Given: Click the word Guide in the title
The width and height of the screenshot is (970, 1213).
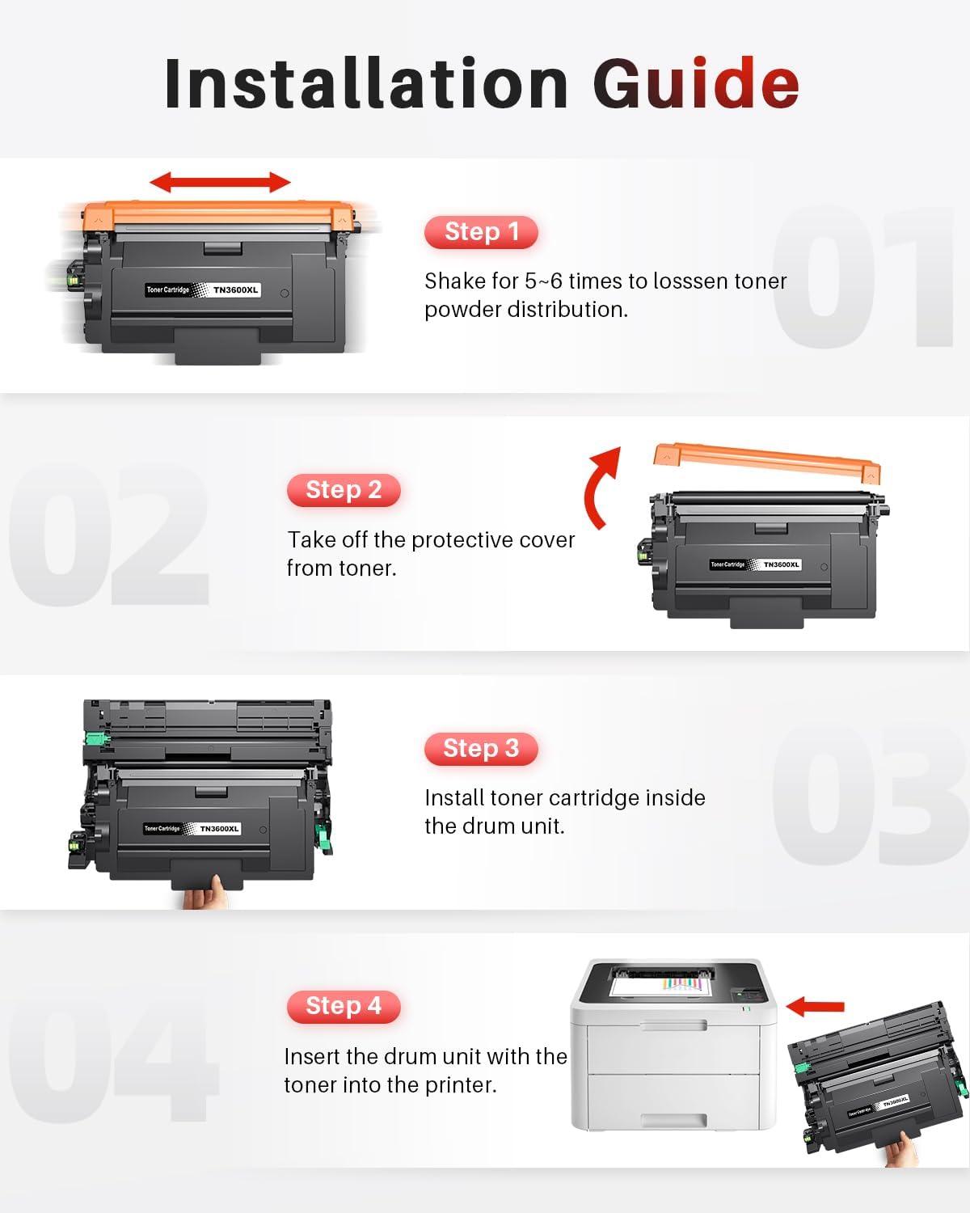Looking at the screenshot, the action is coord(696,82).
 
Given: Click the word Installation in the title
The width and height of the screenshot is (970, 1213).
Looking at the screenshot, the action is coord(366,82).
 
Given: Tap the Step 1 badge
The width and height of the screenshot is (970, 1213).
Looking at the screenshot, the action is coord(481,231).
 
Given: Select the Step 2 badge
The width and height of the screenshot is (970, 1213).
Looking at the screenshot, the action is coord(344,490).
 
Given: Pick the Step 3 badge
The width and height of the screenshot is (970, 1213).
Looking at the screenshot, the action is coord(481,749).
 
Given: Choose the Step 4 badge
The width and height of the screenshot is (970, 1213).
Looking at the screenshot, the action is coord(344,1006).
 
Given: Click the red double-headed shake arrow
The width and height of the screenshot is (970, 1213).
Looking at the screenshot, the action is coord(220,182).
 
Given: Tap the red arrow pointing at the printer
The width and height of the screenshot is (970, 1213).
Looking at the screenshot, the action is coord(815,1006).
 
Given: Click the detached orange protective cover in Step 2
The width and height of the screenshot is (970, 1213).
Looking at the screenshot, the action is coord(767,462).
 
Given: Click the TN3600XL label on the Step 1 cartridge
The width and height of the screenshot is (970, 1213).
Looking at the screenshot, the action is coord(235,290).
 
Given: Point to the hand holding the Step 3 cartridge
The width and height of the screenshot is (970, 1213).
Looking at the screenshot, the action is coord(206,891).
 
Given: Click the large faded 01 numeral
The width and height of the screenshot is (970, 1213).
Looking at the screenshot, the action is coord(862,277).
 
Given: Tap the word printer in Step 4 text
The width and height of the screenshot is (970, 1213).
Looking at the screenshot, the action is coord(461,1085).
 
